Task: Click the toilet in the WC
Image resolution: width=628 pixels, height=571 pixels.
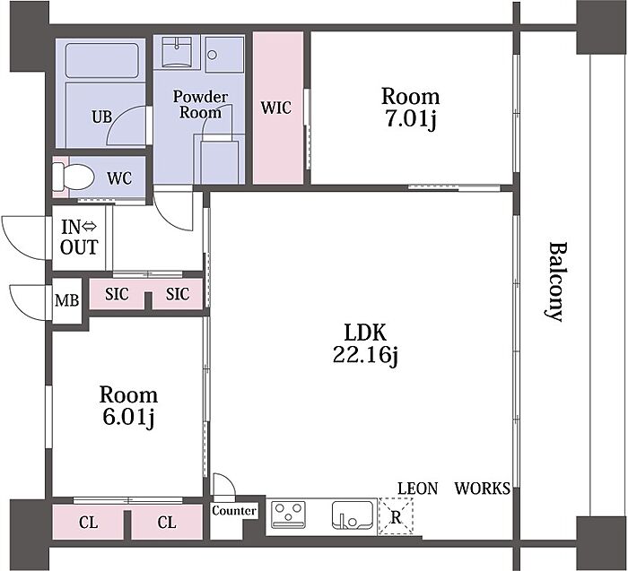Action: point(74,177)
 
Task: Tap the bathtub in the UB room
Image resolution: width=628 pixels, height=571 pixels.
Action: point(101,60)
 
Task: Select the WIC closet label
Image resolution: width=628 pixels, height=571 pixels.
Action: point(276,108)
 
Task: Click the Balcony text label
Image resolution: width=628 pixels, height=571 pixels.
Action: point(557,281)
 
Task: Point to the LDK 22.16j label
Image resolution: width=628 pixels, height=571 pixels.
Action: point(365,343)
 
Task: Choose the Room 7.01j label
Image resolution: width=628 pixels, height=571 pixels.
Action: point(410,108)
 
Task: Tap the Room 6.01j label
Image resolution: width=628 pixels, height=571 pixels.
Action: point(128,406)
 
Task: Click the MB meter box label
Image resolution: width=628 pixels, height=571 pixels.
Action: point(67,300)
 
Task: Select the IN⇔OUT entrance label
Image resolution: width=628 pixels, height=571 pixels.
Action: point(79,238)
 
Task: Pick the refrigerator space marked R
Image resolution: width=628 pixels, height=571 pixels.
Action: point(396,516)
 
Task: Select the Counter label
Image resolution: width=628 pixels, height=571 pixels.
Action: point(234,511)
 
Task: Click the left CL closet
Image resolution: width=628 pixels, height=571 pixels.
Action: point(88,523)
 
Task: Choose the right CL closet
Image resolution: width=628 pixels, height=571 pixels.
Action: point(167,523)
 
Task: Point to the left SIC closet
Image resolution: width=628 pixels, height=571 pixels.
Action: point(117,294)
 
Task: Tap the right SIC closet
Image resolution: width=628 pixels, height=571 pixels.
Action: point(178,294)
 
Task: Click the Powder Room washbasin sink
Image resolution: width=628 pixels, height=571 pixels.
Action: point(177,52)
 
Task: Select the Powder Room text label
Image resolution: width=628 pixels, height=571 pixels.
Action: point(200,105)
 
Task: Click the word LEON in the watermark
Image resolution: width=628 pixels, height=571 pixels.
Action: point(418,489)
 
